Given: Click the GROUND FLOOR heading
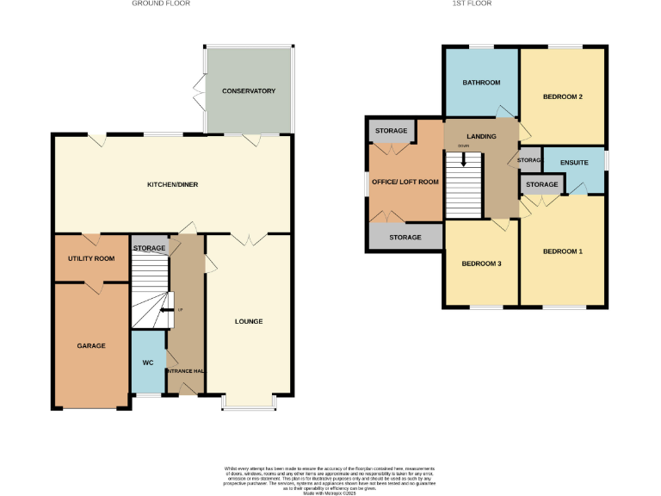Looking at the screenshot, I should point(161,3).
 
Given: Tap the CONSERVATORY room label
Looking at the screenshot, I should point(248,90).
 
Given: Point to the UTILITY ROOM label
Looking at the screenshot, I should point(91,258).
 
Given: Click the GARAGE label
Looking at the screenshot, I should point(91,345).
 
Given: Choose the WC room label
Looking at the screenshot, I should point(148,363).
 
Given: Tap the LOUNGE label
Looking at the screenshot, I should point(249,321).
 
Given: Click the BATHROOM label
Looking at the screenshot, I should point(481,83).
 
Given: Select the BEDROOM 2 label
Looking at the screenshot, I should point(563,96).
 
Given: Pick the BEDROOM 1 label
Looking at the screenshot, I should point(563,251).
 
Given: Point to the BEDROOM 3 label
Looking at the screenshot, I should point(481,263).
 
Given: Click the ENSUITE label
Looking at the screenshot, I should point(573,162).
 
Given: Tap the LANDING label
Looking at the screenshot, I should point(481,136).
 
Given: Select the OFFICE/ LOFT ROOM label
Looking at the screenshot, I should point(405,182).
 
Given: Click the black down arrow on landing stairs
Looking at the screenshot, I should point(464,159).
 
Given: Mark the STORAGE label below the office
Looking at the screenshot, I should point(405,237).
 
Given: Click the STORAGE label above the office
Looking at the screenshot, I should point(391,131).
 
